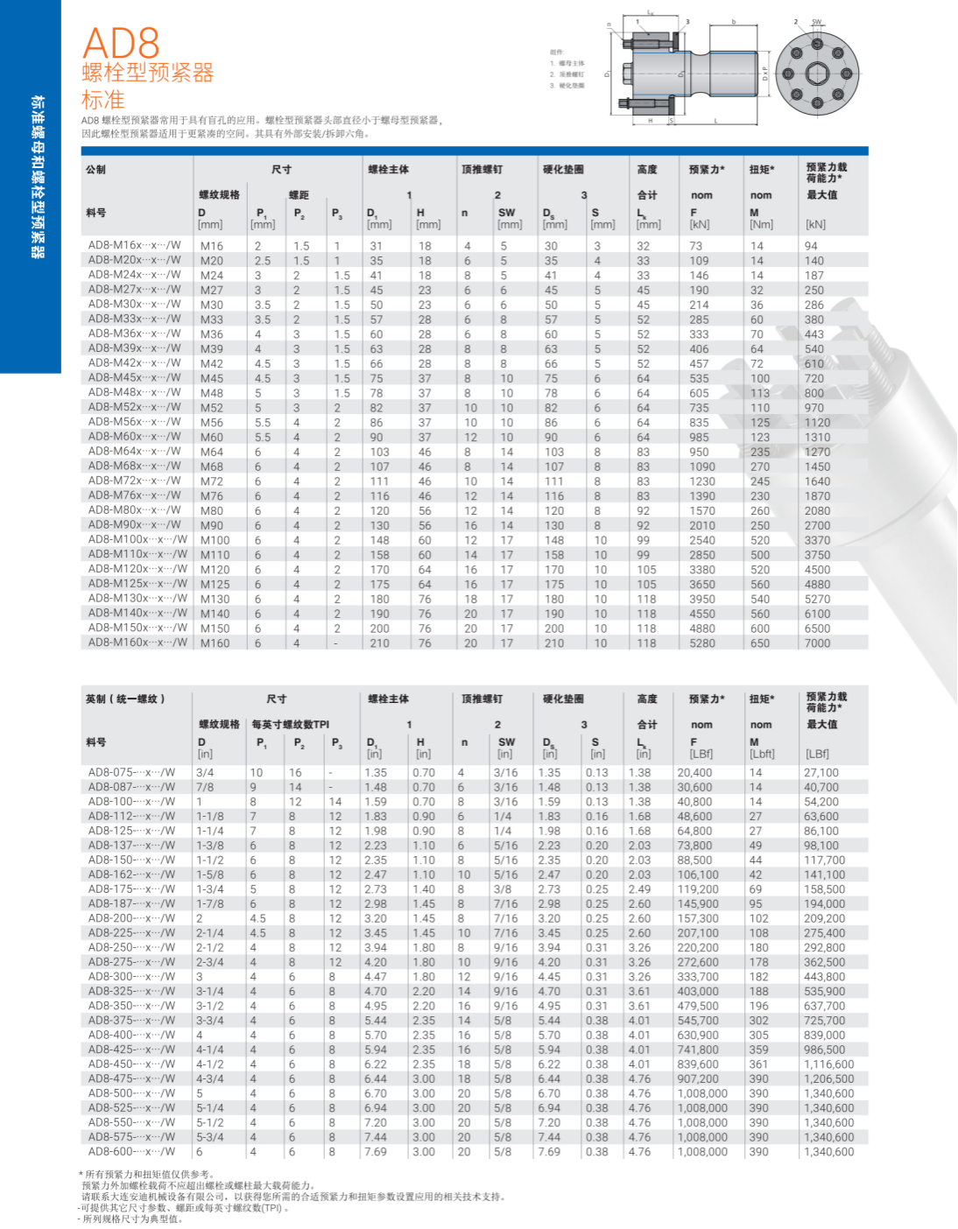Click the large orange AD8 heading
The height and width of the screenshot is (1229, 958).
[x=121, y=43]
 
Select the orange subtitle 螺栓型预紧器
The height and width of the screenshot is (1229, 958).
[x=147, y=73]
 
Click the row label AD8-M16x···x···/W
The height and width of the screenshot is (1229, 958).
[x=134, y=245]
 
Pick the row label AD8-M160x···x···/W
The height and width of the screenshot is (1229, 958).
[x=137, y=643]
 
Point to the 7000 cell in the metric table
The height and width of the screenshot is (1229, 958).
[x=817, y=643]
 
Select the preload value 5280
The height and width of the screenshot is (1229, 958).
[x=702, y=643]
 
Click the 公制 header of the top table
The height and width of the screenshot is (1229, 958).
[x=95, y=170]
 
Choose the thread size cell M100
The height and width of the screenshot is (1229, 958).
[x=215, y=540]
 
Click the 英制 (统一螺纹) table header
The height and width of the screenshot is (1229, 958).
[x=125, y=699]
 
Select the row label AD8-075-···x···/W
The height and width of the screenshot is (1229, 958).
[x=131, y=772]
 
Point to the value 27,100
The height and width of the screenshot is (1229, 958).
[x=821, y=773]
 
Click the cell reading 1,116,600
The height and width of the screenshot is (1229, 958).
[x=828, y=1064]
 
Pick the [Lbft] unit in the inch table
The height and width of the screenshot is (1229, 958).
[x=762, y=754]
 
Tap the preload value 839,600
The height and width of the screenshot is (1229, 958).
[x=698, y=1064]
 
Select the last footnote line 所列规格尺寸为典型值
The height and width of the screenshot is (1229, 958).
[x=132, y=1218]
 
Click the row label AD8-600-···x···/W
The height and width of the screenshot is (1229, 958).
[x=131, y=1152]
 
